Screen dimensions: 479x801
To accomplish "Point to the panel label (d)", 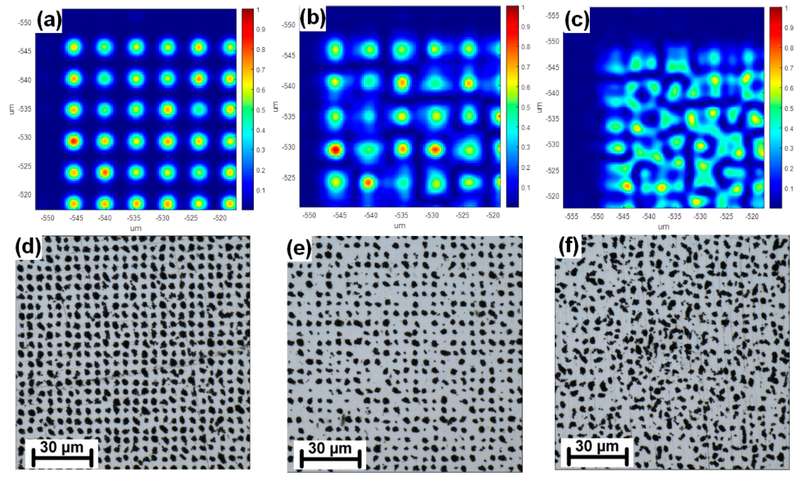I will click(x=29, y=248).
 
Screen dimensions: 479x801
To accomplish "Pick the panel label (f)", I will click(x=568, y=247).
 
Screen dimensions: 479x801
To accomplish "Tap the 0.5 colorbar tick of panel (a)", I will click(x=261, y=110).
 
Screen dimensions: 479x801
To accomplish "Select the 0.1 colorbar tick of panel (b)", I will click(x=525, y=188).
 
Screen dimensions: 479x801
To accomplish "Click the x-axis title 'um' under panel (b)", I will click(x=399, y=226).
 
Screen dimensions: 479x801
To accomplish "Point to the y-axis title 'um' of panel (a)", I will click(x=12, y=109).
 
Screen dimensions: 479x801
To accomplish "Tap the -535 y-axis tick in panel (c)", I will click(x=552, y=119).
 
